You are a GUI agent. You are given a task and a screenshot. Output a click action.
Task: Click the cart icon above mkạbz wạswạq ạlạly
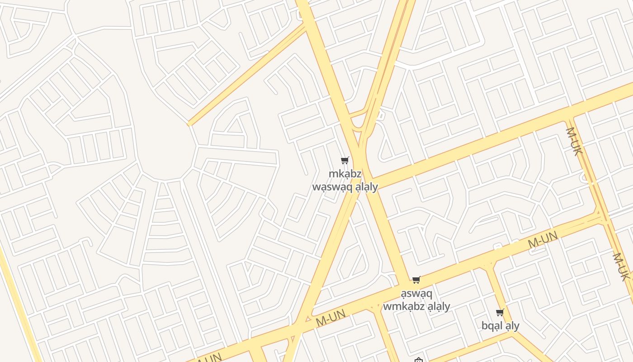pyautogui.click(x=345, y=160)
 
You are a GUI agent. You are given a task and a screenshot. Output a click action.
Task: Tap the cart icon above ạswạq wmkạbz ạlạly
pyautogui.click(x=416, y=280)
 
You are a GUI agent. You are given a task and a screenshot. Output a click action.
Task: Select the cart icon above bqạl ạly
pyautogui.click(x=500, y=312)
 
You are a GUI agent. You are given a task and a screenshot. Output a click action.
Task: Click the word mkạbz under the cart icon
pyautogui.click(x=345, y=174)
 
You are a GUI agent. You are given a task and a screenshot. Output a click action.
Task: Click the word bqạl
pyautogui.click(x=492, y=326)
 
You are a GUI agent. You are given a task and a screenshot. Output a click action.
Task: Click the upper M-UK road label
pyautogui.click(x=573, y=142)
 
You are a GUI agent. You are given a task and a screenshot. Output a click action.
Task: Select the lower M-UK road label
pyautogui.click(x=621, y=267)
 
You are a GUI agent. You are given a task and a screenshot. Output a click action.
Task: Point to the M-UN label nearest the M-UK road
pyautogui.click(x=543, y=239)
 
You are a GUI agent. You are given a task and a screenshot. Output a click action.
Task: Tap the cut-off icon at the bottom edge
pyautogui.click(x=419, y=360)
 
